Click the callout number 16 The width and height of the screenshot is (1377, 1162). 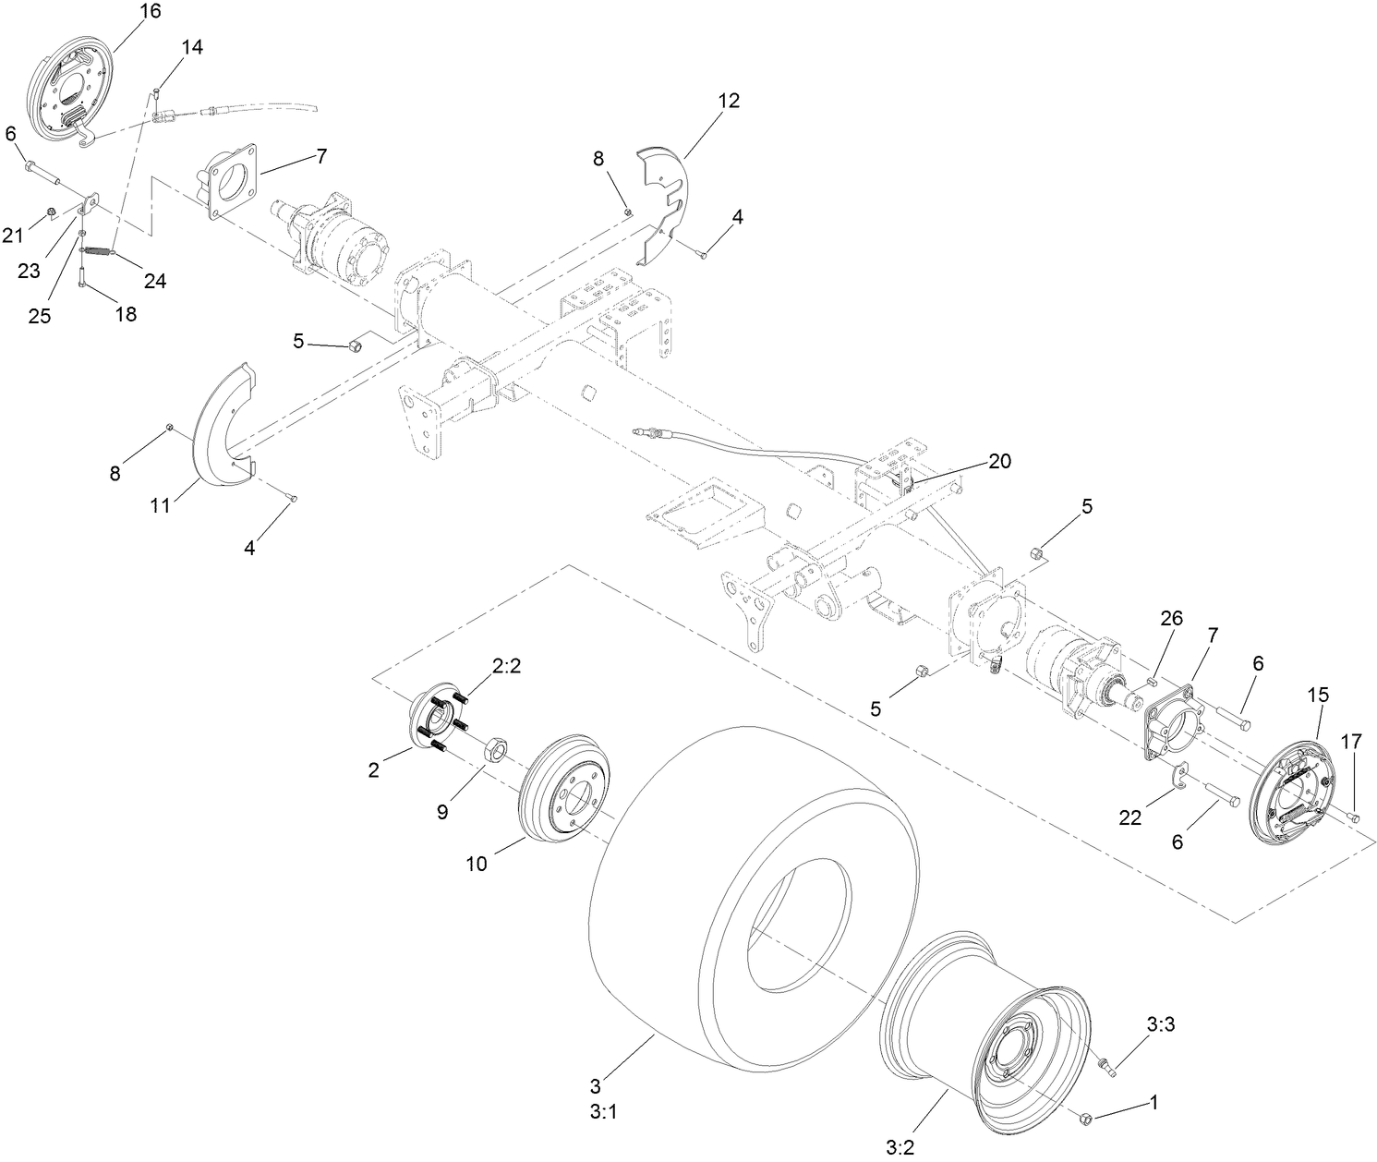(149, 11)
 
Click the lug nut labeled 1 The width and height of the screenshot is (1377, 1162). (1086, 1119)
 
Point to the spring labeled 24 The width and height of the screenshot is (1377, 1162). (97, 250)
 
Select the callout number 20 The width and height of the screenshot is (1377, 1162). (999, 461)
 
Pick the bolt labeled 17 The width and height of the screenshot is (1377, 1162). (1354, 816)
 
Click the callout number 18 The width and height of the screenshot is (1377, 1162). (125, 314)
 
